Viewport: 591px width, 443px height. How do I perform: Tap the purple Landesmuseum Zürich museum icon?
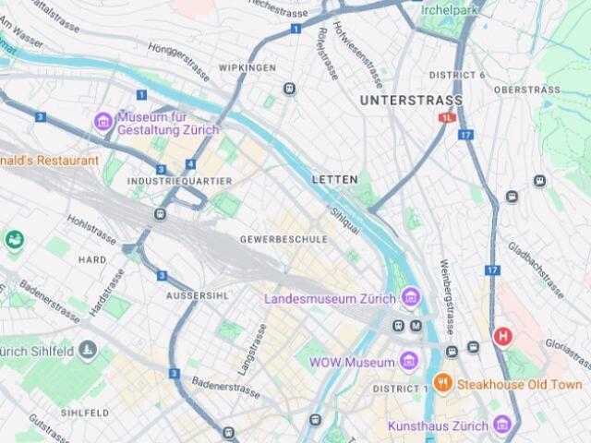(411, 298)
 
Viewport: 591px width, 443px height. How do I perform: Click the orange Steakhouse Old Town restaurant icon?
(443, 383)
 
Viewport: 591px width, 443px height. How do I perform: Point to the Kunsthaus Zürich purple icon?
(502, 424)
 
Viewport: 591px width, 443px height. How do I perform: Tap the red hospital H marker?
(503, 336)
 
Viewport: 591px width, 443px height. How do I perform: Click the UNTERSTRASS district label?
(411, 99)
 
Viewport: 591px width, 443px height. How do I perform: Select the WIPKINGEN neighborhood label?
(247, 68)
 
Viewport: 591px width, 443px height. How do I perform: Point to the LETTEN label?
(334, 178)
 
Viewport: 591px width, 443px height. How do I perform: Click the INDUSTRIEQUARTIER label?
(180, 181)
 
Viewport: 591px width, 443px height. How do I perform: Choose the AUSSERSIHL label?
(196, 295)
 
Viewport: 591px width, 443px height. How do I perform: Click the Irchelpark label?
(452, 9)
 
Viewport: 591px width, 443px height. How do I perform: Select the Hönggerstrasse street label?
(175, 56)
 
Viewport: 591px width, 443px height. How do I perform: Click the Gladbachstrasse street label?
(536, 269)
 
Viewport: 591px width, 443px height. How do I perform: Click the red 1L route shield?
(448, 118)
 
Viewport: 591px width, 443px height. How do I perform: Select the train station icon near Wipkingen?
(290, 89)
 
